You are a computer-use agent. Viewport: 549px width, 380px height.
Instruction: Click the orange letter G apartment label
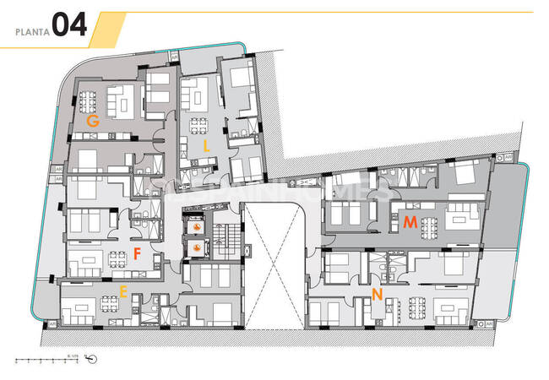tap(93, 122)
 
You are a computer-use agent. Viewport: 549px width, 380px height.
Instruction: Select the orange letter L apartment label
tap(206, 145)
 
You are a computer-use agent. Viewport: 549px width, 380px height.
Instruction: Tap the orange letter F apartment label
tap(136, 252)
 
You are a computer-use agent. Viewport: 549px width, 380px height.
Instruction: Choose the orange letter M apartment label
tap(410, 222)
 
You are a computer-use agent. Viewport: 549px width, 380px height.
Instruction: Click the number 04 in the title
tap(69, 26)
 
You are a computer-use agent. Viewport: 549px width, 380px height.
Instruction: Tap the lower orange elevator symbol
tap(197, 247)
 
